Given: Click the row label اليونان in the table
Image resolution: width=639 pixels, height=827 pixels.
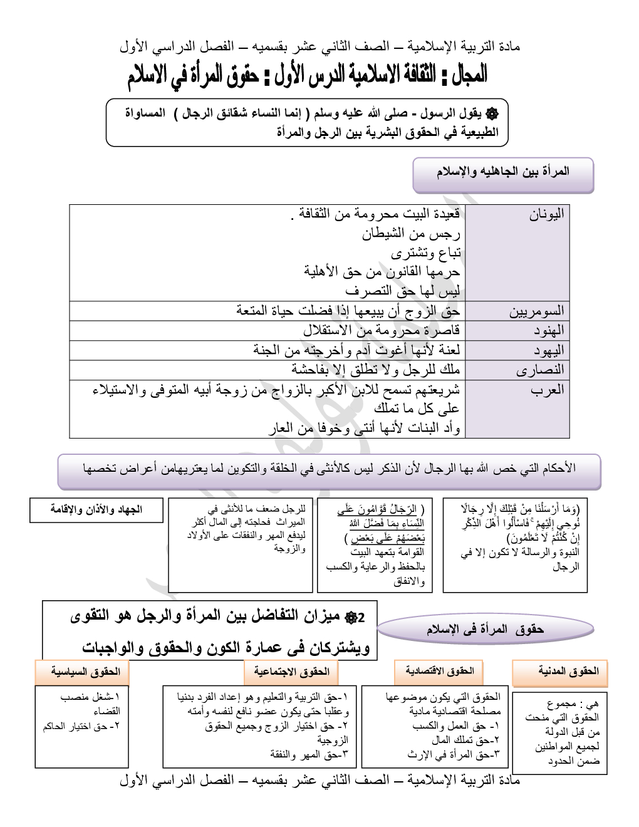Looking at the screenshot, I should pyautogui.click(x=547, y=214).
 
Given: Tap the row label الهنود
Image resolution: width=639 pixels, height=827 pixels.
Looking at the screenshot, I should pyautogui.click(x=546, y=330).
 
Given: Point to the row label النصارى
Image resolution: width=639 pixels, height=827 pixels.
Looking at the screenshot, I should pyautogui.click(x=540, y=370).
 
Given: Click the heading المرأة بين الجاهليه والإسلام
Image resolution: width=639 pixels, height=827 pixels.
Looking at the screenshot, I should pyautogui.click(x=502, y=172).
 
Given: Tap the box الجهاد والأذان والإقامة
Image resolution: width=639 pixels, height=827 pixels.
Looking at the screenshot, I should pyautogui.click(x=96, y=509).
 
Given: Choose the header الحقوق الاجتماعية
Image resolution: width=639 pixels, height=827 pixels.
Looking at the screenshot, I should pyautogui.click(x=291, y=671).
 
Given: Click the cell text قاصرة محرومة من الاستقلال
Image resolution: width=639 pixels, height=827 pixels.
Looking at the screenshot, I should pyautogui.click(x=382, y=330).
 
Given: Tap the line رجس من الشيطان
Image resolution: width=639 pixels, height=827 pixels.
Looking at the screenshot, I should pyautogui.click(x=411, y=234).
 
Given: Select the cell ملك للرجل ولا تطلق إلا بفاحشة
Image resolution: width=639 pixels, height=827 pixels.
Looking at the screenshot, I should pyautogui.click(x=375, y=370).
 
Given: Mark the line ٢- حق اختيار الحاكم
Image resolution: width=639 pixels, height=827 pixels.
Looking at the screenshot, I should pyautogui.click(x=81, y=726).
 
